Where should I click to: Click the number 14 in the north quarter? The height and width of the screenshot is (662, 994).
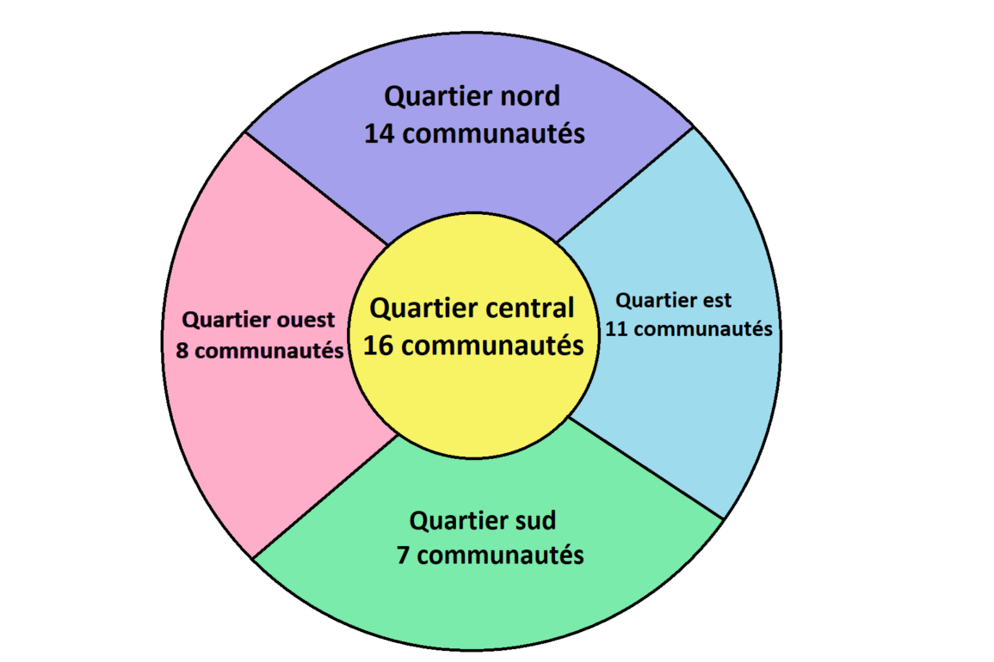(x=380, y=134)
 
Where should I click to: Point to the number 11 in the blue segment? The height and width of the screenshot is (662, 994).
(x=616, y=329)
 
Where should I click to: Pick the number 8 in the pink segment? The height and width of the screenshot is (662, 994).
(x=182, y=351)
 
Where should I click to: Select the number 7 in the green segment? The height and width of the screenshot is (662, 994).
(x=403, y=555)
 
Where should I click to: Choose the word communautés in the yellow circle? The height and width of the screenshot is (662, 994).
(x=491, y=346)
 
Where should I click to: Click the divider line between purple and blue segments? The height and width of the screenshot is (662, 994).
(x=625, y=185)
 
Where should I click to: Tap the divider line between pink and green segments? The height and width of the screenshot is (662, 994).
(x=327, y=496)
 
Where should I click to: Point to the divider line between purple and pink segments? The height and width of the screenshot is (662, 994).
(x=317, y=188)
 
